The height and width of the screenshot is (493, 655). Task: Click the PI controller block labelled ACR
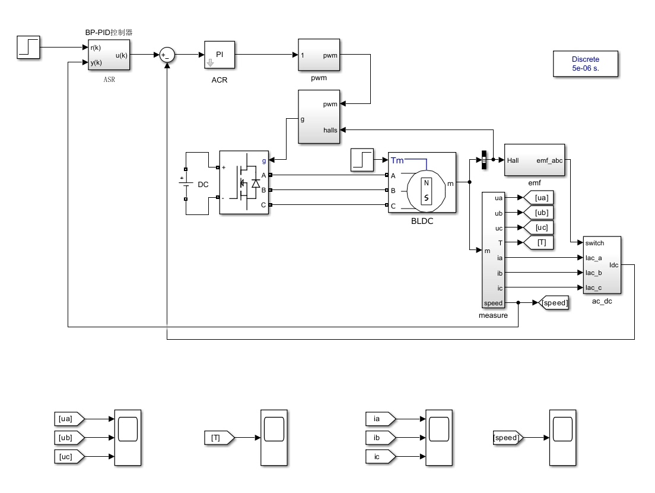click(220, 55)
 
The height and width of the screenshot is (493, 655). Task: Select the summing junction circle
click(167, 55)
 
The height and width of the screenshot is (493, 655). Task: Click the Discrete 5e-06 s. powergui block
click(585, 64)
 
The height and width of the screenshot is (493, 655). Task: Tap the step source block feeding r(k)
click(28, 48)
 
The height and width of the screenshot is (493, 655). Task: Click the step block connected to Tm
click(362, 160)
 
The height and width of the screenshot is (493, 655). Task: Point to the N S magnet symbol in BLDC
click(426, 191)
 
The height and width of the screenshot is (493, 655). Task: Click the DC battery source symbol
click(186, 184)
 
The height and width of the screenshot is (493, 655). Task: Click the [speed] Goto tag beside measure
click(554, 303)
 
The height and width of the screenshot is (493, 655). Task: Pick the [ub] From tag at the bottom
click(69, 437)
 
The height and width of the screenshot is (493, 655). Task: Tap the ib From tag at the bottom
click(380, 437)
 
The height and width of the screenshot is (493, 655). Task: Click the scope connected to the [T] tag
click(274, 437)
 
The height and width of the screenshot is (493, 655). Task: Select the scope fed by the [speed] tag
click(562, 437)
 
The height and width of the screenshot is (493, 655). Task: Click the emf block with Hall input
click(535, 160)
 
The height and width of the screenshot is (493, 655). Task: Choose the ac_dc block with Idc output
click(602, 265)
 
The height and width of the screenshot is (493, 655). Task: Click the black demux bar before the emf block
click(484, 160)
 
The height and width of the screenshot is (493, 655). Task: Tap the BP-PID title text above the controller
click(109, 32)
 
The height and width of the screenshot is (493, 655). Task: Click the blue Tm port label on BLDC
click(398, 160)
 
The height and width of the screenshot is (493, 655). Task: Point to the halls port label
click(330, 130)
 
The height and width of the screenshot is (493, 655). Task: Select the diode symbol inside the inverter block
click(256, 183)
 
